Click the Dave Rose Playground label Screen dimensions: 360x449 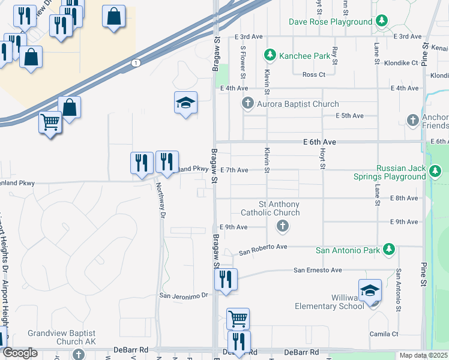330,22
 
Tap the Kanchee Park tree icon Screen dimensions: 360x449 270,56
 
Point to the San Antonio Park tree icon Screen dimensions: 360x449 389,249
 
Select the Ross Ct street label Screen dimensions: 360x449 313,74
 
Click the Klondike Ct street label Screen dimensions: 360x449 401,62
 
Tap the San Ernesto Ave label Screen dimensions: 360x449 317,271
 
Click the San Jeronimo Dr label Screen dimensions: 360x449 183,295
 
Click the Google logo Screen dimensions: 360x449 20,353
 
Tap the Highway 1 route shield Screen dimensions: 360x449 136,62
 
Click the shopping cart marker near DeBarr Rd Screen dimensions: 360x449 238,318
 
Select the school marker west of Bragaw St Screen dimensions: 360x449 186,103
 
